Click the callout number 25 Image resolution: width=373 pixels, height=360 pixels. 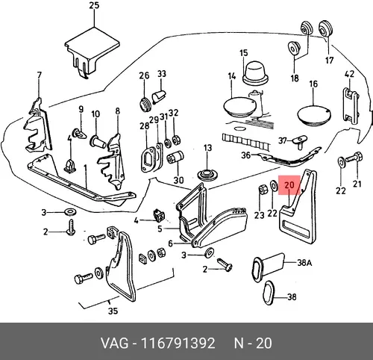(x=94, y=5)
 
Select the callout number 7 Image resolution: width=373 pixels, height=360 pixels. (x=40, y=75)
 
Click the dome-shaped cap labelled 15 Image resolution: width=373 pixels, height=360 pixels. (x=255, y=72)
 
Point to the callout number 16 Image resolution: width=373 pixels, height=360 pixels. (x=313, y=84)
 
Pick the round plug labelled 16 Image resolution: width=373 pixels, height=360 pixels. (x=314, y=115)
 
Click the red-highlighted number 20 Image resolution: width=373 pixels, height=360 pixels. (x=289, y=185)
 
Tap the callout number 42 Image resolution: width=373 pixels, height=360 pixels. (x=349, y=74)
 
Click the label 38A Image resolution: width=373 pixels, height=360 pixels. (x=304, y=263)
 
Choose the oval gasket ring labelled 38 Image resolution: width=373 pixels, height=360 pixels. (x=269, y=293)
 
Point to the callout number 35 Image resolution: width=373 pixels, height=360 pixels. (x=113, y=311)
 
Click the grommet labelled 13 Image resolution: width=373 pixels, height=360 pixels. (x=208, y=174)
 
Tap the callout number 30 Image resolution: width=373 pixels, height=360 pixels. (x=178, y=180)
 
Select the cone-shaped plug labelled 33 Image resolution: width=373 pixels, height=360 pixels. (x=159, y=97)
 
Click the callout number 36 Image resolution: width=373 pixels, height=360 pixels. (x=246, y=155)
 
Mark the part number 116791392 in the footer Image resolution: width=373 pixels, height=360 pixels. (x=178, y=344)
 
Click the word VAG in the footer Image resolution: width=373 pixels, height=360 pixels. (x=115, y=344)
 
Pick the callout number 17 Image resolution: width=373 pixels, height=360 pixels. (x=329, y=60)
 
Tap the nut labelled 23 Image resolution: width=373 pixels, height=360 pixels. (x=262, y=190)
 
